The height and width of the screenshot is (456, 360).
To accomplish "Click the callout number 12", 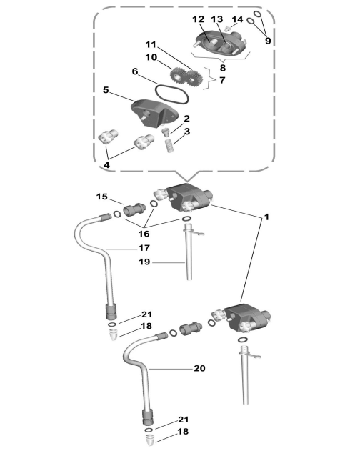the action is click(x=199, y=19).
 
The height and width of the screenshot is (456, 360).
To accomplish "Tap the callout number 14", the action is click(x=237, y=19).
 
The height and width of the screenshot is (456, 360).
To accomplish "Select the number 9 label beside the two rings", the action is click(x=268, y=41).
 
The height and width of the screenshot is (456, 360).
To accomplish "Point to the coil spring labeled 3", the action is click(x=169, y=146).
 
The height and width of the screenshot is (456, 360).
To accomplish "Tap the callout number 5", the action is click(x=106, y=90).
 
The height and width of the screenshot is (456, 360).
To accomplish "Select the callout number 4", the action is click(x=106, y=165).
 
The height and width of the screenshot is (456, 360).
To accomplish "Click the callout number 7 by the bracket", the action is click(x=222, y=79).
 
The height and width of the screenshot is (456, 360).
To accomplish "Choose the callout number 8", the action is click(x=223, y=68).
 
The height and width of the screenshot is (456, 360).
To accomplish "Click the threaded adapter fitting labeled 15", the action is click(x=134, y=209).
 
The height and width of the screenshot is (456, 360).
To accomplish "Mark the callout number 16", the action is click(x=144, y=234).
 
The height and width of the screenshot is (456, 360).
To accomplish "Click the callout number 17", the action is click(x=144, y=248).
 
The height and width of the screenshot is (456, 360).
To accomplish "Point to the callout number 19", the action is click(x=144, y=262).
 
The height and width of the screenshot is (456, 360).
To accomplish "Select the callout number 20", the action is click(x=199, y=368).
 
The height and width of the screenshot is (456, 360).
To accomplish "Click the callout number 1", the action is click(x=266, y=217).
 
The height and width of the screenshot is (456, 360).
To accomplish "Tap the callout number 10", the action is click(x=151, y=57).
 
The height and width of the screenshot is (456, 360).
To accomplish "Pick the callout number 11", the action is click(x=151, y=44).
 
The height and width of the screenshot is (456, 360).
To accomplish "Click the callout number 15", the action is click(x=102, y=197).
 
